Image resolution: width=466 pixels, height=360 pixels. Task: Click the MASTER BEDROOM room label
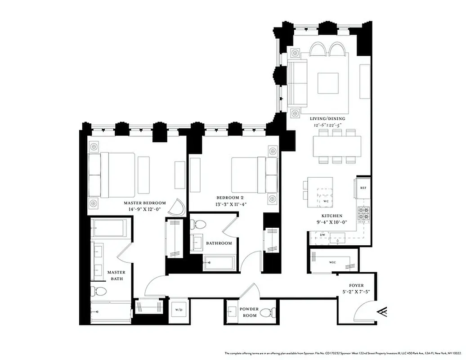[145, 203]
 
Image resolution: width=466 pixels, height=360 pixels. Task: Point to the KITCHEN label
[332, 216]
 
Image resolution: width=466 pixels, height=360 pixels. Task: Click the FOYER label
[356, 286]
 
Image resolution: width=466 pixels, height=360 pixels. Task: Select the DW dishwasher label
[322, 235]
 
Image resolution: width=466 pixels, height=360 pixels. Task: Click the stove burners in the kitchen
[363, 213]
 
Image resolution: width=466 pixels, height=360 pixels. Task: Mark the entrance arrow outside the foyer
[383, 311]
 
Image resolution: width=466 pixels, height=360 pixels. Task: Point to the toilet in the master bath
[99, 292]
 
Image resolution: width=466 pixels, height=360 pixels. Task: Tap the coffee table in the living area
[328, 83]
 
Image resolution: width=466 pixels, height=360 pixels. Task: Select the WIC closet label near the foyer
[332, 262]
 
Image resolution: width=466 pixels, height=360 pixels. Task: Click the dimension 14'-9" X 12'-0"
[145, 209]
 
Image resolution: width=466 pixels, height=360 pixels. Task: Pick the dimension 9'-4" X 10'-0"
[332, 222]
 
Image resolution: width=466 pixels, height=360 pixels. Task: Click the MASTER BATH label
[116, 275]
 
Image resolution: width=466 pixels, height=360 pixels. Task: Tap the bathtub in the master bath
[110, 228]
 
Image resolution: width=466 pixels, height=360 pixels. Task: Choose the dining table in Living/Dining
[337, 146]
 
